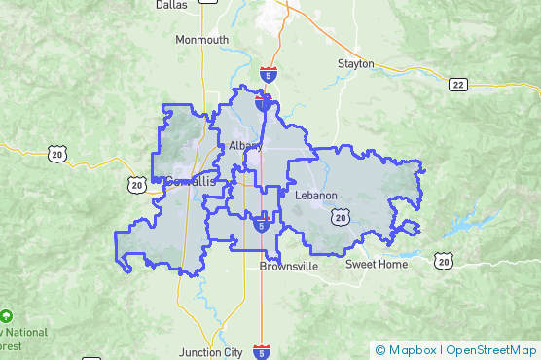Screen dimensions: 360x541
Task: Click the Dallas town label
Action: pos(171,5)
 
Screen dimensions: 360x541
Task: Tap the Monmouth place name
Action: pos(201,40)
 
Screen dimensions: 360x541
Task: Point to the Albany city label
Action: pos(245,146)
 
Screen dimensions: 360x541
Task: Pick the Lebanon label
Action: pos(315,196)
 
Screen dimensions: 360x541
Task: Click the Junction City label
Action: pos(212,352)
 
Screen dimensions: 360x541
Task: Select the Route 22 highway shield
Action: pos(458,85)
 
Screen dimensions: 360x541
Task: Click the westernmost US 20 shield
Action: pos(56,152)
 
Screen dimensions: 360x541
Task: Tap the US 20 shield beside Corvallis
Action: pos(136,183)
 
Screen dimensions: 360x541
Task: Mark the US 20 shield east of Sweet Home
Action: pos(444,260)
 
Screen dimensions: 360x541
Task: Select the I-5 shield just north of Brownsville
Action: pos(262,225)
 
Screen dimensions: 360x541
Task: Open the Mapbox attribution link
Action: pos(413,350)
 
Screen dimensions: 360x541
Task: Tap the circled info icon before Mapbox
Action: pos(380,350)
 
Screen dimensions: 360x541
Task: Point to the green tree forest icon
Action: pos(6,316)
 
